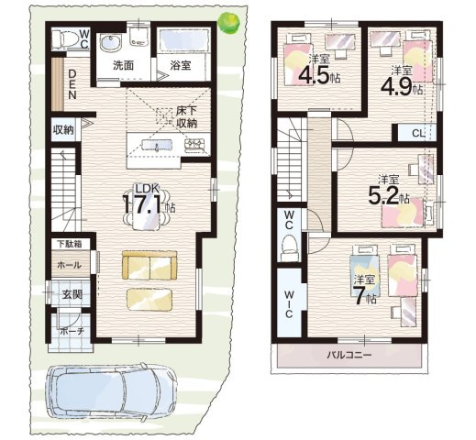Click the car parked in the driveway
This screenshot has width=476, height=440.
[112, 391]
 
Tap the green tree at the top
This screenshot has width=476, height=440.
[228, 23]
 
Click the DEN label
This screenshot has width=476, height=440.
[72, 84]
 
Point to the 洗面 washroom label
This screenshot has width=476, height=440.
[123, 66]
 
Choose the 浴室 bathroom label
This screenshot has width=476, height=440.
[181, 66]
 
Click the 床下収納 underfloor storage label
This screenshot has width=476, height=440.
[187, 117]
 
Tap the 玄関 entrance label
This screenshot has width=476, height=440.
[72, 295]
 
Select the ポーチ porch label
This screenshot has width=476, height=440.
[72, 331]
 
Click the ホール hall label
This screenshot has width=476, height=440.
[70, 265]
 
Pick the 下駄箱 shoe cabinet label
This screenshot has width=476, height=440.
[70, 244]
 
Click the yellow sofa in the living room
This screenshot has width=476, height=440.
[149, 265]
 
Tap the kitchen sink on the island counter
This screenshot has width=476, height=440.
[157, 145]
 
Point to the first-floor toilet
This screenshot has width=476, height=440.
[64, 40]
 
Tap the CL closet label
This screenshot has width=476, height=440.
[418, 133]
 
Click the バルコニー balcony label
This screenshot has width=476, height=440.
[349, 355]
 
